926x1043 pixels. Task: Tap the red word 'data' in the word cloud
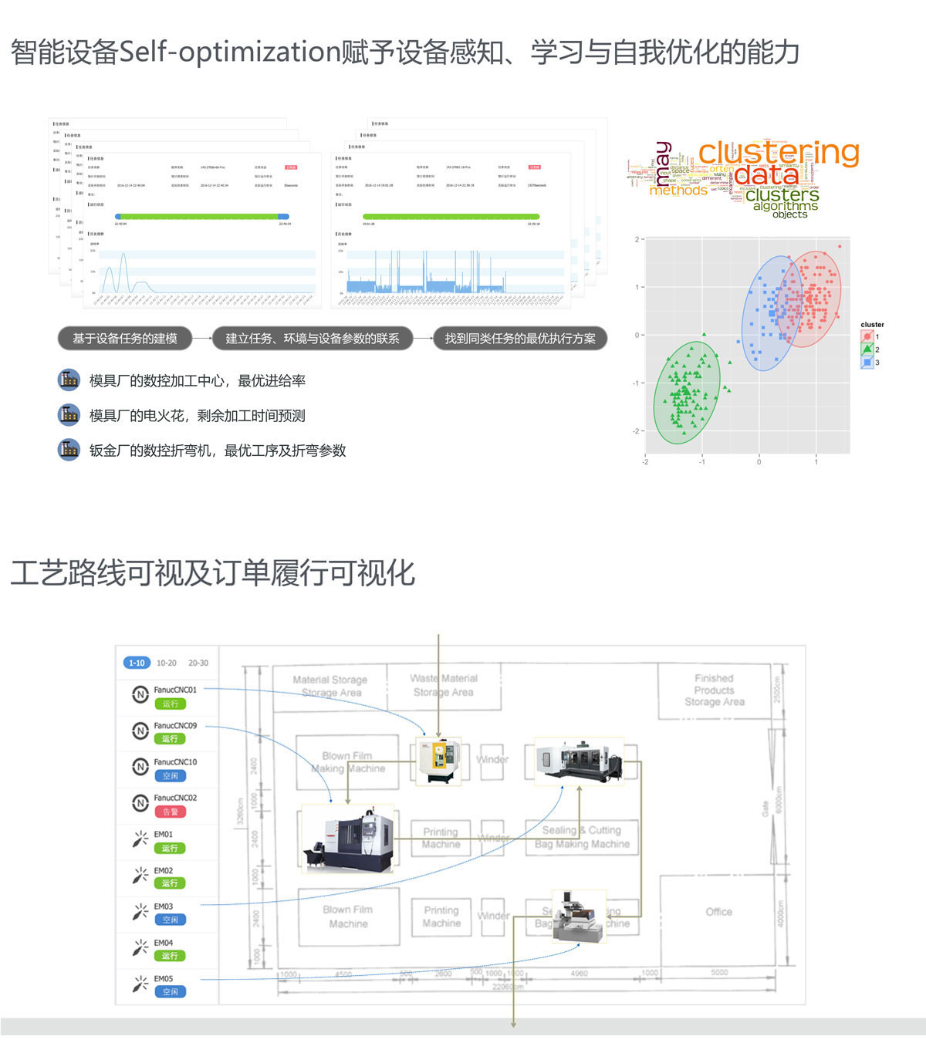point(766,175)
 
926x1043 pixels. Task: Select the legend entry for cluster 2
point(868,349)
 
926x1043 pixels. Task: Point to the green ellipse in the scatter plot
point(687,393)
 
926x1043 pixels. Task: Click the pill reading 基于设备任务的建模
point(124,338)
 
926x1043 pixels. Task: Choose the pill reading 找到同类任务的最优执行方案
point(520,338)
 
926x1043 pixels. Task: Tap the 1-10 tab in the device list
point(137,663)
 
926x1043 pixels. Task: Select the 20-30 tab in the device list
point(198,663)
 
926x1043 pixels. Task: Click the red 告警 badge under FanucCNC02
point(171,812)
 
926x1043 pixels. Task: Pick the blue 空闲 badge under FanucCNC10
point(171,776)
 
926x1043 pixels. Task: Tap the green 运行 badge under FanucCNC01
point(171,704)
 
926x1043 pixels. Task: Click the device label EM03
point(163,906)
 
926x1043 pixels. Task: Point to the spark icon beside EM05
point(140,984)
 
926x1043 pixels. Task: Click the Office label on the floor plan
point(718,912)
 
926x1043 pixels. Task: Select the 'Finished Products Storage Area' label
point(714,690)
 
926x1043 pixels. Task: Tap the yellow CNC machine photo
point(438,761)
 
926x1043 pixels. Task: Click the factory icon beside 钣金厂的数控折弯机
point(69,450)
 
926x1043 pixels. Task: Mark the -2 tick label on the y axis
point(637,431)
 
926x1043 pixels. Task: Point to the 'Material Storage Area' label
point(330,686)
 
